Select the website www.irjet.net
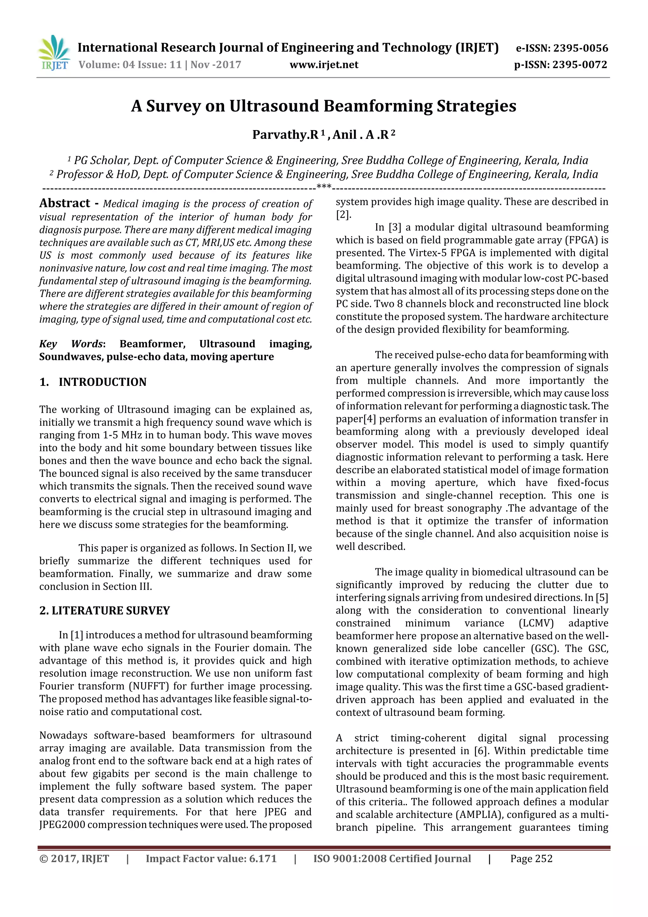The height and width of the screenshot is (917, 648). point(324,65)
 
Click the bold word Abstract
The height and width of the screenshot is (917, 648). point(65,203)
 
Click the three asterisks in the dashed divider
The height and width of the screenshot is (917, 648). point(324,186)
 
